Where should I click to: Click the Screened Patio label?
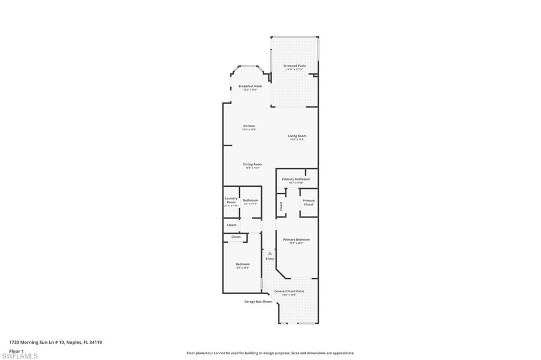294,66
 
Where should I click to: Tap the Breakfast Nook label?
250,86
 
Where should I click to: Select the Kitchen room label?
249,126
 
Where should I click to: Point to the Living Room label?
297,136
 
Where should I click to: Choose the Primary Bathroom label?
296,179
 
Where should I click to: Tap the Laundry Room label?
231,201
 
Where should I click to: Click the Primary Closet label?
309,202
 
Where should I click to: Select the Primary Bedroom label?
296,240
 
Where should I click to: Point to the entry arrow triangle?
270,253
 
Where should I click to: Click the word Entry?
270,259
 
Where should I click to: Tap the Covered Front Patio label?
289,291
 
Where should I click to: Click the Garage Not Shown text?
258,302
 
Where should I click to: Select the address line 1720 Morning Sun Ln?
55,342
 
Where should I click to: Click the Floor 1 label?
17,350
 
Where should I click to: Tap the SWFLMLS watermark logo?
20,356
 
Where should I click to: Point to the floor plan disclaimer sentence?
270,353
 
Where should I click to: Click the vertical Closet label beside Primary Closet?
281,206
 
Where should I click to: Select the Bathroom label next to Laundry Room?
250,200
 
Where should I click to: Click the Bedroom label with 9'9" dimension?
243,264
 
